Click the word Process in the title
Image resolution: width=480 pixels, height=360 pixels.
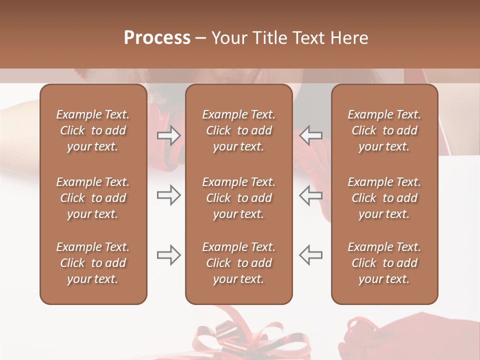pyautogui.click(x=157, y=38)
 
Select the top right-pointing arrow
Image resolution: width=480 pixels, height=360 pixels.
pyautogui.click(x=168, y=135)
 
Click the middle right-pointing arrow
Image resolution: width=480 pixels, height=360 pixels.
pyautogui.click(x=168, y=195)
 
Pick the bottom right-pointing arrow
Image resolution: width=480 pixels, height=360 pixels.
pyautogui.click(x=168, y=255)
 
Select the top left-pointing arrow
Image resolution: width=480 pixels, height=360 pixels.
pyautogui.click(x=310, y=135)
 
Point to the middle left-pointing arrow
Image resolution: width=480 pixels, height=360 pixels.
pyautogui.click(x=310, y=195)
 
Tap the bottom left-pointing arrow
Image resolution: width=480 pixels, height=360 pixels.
pyautogui.click(x=310, y=255)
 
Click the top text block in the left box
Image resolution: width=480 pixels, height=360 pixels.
pyautogui.click(x=93, y=130)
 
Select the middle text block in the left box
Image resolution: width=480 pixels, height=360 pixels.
pyautogui.click(x=93, y=198)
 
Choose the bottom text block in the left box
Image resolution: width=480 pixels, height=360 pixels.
pyautogui.click(x=93, y=263)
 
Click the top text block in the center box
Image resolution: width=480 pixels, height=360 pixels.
pyautogui.click(x=238, y=130)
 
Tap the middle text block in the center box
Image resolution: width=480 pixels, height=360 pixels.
pyautogui.click(x=238, y=198)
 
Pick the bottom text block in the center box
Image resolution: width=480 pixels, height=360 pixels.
pyautogui.click(x=238, y=263)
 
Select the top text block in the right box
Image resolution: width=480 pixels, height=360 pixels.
pyautogui.click(x=384, y=130)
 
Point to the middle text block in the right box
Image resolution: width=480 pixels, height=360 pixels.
pyautogui.click(x=384, y=198)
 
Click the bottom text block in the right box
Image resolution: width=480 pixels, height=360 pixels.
pyautogui.click(x=384, y=263)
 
